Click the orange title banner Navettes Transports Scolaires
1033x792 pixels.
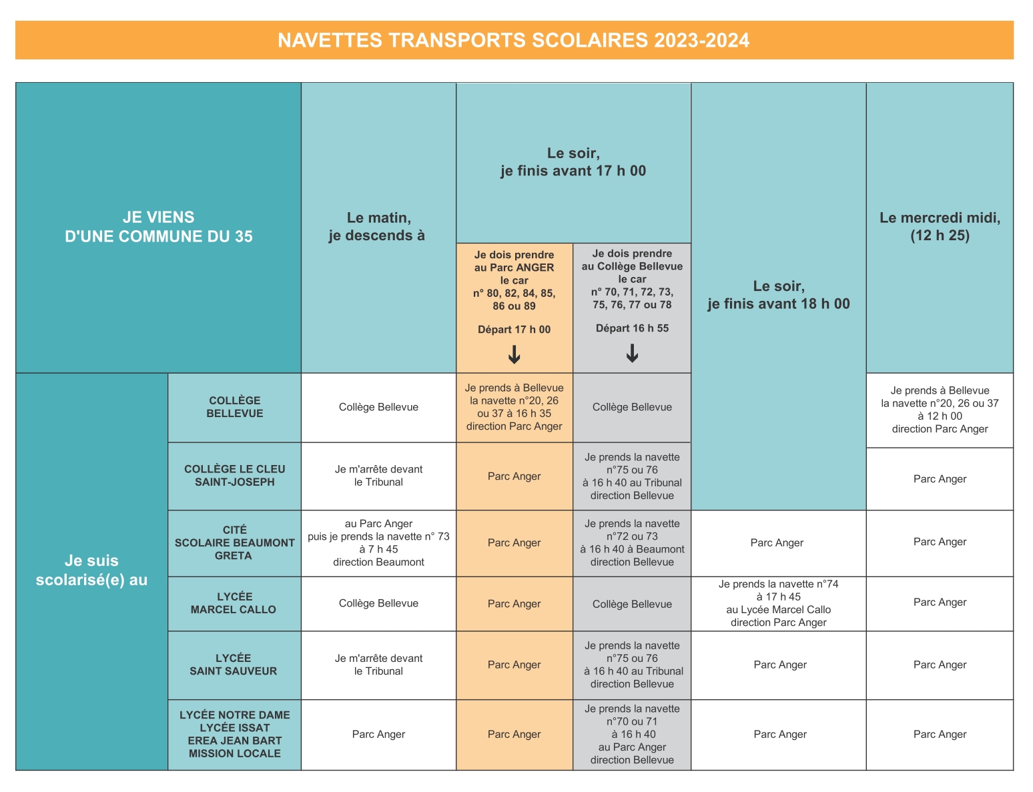coord(514,40)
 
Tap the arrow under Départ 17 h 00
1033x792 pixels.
coord(514,354)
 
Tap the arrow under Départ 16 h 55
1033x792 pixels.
coord(632,353)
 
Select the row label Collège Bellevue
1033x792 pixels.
coord(234,407)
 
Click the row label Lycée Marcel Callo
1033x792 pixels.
coord(234,603)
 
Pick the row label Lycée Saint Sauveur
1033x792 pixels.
coord(234,665)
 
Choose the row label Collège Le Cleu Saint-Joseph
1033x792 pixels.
coord(234,476)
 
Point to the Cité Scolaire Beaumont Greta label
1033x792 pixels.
coord(234,542)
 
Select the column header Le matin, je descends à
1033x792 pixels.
coord(378,226)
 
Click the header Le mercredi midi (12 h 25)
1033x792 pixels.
coord(940,226)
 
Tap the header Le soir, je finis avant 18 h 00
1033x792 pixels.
coord(778,295)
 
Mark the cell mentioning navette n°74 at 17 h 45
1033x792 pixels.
coord(778,603)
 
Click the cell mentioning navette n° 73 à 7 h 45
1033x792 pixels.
coord(378,542)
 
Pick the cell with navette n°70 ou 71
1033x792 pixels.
coord(632,734)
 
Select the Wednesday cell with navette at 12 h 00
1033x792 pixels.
coord(940,410)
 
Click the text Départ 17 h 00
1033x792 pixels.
coord(514,330)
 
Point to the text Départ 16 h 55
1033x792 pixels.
coord(632,328)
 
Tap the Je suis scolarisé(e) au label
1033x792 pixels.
coord(91,570)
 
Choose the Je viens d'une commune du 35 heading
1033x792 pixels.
coord(158,227)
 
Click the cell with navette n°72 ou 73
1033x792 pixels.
coord(632,542)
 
